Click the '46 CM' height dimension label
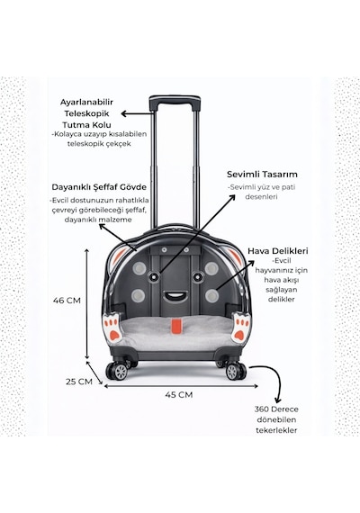point(67,301)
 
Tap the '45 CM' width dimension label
point(179,394)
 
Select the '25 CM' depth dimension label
point(79,382)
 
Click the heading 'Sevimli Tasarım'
point(262,174)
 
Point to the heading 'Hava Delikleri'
point(278,251)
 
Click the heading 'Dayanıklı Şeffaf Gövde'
point(99,187)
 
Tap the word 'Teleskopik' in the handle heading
point(86,114)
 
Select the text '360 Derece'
point(276,409)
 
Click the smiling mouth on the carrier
point(176,297)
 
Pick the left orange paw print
point(112,328)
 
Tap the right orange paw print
point(240,328)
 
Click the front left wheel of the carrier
point(118,371)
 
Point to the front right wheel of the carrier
point(235,371)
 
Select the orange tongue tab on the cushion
point(176,326)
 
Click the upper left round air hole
point(139,269)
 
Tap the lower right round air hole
point(212,296)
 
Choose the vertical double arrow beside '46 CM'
point(86,303)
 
